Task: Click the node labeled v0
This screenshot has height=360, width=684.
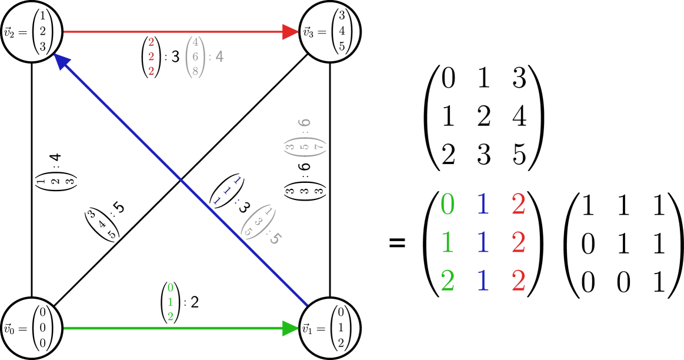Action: point(32,328)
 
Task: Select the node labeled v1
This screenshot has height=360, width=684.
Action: point(329,328)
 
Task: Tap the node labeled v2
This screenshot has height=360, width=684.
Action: point(32,32)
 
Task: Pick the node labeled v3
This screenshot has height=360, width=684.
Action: point(329,32)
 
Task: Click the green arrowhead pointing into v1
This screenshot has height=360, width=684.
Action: point(291,328)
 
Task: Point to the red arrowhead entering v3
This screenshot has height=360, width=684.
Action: point(291,32)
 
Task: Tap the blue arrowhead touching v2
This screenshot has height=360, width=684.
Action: point(61,62)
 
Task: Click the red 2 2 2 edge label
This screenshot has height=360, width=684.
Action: point(151,56)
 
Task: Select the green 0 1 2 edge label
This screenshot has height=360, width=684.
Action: point(171,302)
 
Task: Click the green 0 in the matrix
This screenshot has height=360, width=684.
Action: point(447,204)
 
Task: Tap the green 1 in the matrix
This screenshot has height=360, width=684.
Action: point(447,242)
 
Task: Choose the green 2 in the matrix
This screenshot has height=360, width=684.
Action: point(447,281)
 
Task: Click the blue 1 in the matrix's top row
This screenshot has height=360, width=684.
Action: point(483,204)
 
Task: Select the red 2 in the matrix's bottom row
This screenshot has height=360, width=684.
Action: point(518,281)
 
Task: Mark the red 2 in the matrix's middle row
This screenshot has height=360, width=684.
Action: point(518,242)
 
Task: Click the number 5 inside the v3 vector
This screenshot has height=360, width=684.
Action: point(342,47)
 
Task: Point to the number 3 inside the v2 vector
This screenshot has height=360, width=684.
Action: point(42,47)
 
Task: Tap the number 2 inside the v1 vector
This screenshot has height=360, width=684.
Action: point(341,343)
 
